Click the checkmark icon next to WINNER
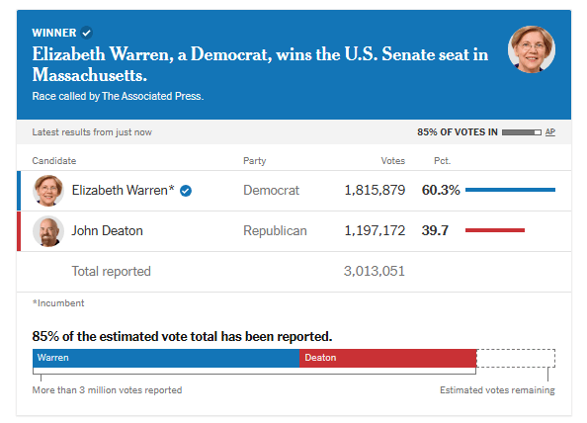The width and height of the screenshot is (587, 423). (x=87, y=33)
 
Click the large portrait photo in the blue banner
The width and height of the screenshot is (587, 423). (x=532, y=49)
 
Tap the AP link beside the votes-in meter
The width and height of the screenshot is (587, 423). (x=549, y=132)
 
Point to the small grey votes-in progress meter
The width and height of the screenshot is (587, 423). (x=521, y=132)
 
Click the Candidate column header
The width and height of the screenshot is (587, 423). (x=54, y=161)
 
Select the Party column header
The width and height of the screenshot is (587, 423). (x=255, y=161)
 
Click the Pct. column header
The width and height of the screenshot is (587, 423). (x=442, y=161)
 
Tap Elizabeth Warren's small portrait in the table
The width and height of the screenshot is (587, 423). (x=48, y=191)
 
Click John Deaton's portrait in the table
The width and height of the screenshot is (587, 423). (x=48, y=231)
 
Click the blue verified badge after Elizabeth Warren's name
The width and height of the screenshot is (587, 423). (x=186, y=191)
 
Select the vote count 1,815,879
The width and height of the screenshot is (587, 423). (x=375, y=190)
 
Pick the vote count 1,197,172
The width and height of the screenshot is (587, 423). (x=375, y=230)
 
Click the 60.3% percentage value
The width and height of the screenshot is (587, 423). (x=441, y=190)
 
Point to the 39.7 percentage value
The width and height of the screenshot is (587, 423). (x=435, y=230)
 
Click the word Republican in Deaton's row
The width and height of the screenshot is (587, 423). (x=275, y=231)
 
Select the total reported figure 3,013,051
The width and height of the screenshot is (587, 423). (x=375, y=271)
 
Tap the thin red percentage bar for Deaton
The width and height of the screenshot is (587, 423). (x=495, y=230)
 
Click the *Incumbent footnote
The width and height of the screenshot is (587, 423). (x=58, y=303)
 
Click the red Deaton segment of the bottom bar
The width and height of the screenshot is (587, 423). (x=387, y=358)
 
